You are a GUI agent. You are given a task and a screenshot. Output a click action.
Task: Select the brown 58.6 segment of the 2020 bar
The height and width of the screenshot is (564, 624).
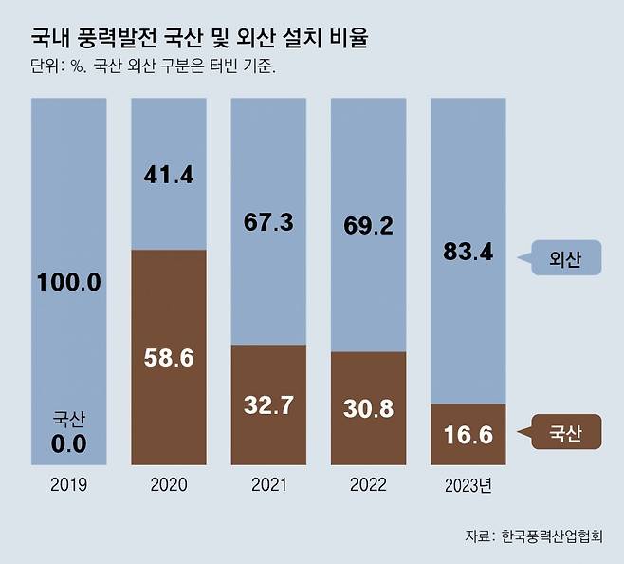[x=169, y=358]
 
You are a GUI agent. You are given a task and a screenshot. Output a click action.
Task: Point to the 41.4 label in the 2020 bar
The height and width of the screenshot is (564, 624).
[x=169, y=175]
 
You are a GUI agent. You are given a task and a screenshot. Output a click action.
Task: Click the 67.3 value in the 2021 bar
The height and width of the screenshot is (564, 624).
[x=269, y=221]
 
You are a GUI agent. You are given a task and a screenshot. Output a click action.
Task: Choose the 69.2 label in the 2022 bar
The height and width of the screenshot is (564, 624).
[x=369, y=227]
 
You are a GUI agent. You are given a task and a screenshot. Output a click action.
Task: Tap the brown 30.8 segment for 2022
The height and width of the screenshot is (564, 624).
[x=369, y=409]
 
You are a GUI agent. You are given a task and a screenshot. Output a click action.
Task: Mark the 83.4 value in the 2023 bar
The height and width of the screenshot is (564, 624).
[x=468, y=252]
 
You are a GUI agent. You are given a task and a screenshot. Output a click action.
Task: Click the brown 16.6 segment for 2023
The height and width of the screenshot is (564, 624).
[x=468, y=435]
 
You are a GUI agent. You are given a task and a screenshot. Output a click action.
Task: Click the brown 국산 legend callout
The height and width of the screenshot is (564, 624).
[x=565, y=434]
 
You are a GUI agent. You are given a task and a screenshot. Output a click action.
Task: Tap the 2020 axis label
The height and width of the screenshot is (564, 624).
[x=169, y=485]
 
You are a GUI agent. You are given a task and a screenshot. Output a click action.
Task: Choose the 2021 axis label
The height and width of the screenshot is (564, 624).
[x=269, y=485]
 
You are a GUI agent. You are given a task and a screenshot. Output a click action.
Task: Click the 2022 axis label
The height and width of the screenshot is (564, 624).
[x=369, y=485]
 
